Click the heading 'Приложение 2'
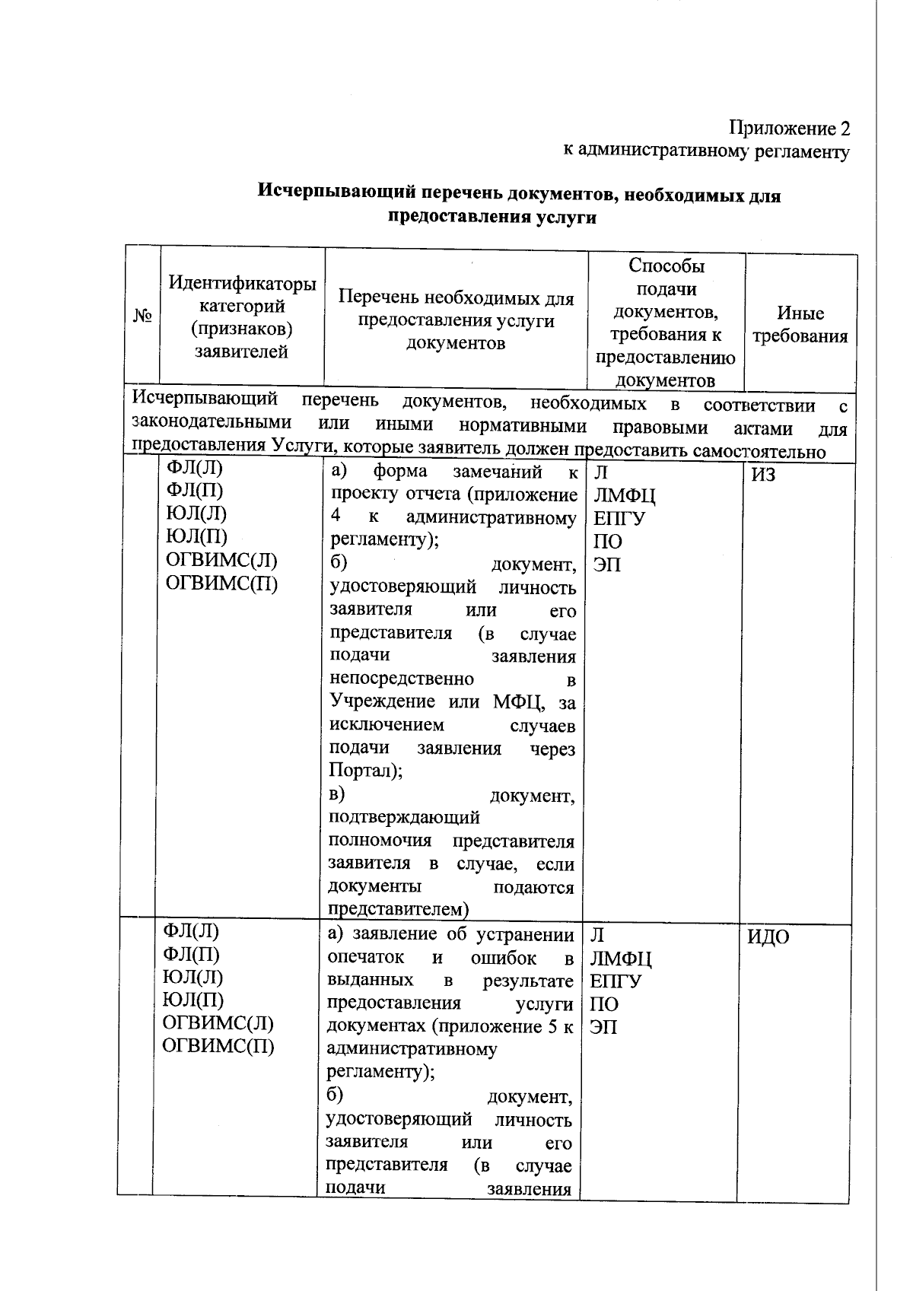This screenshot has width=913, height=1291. [x=789, y=128]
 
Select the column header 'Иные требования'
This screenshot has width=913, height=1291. [x=800, y=324]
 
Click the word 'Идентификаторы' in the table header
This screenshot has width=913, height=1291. [x=242, y=284]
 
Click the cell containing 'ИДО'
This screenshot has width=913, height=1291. [x=768, y=937]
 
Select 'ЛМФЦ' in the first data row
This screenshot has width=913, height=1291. [x=624, y=497]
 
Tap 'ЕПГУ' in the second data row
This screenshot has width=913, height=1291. [x=616, y=981]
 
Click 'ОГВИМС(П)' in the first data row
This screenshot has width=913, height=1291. [x=221, y=583]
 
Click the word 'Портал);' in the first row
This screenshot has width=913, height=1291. [x=366, y=770]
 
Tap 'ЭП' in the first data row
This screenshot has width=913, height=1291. [x=606, y=565]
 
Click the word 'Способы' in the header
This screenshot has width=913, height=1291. [x=666, y=266]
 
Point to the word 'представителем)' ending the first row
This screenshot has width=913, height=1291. [x=398, y=909]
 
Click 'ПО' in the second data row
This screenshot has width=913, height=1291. [x=604, y=1004]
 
